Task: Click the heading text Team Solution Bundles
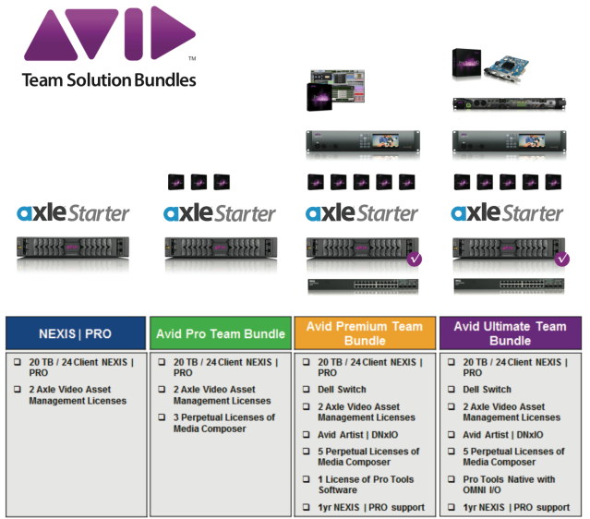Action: pyautogui.click(x=109, y=80)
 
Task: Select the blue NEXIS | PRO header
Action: pyautogui.click(x=76, y=332)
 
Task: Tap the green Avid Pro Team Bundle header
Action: pyautogui.click(x=221, y=332)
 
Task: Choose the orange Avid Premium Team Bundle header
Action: pyautogui.click(x=364, y=332)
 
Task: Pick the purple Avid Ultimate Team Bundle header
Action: pyautogui.click(x=511, y=332)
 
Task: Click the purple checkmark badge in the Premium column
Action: pyautogui.click(x=415, y=259)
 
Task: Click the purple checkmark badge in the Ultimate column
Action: pyautogui.click(x=560, y=259)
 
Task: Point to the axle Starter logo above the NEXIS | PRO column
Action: pyautogui.click(x=74, y=213)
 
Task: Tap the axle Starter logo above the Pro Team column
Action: pyautogui.click(x=220, y=213)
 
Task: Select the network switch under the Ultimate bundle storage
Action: pyautogui.click(x=509, y=285)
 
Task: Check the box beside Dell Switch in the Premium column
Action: pyautogui.click(x=307, y=390)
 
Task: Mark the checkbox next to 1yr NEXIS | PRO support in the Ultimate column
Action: pyautogui.click(x=452, y=508)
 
